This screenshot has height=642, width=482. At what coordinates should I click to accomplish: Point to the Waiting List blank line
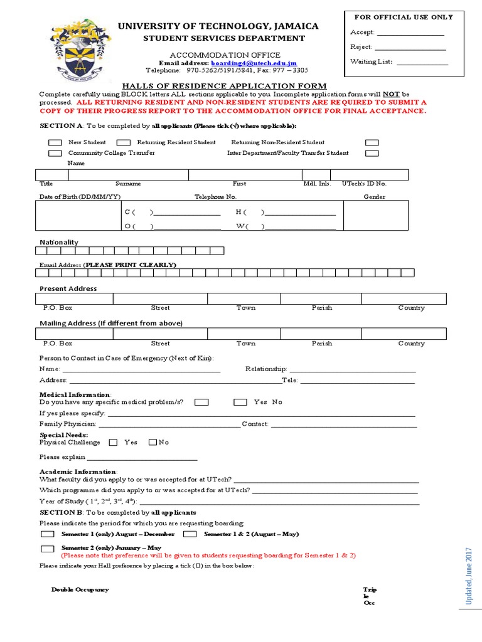click(422, 62)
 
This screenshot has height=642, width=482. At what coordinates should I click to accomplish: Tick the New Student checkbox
click(55, 143)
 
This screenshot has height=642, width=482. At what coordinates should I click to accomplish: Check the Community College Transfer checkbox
click(55, 153)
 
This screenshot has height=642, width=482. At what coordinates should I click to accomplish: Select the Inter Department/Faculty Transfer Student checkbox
click(372, 153)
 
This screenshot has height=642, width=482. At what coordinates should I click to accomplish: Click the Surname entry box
click(129, 175)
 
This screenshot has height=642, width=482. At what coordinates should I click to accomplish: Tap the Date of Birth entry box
click(78, 216)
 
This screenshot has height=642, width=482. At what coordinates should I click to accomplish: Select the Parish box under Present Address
click(322, 298)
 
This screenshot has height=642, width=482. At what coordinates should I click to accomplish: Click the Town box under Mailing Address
click(246, 334)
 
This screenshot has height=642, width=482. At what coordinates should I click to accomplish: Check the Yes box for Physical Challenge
click(114, 443)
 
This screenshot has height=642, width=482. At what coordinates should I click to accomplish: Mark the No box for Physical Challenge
click(153, 443)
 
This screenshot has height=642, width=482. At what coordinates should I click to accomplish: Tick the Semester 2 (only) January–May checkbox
click(48, 549)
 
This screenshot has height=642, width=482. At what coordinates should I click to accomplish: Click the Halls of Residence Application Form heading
click(224, 86)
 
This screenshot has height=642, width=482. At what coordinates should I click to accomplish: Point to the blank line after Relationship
click(351, 370)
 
